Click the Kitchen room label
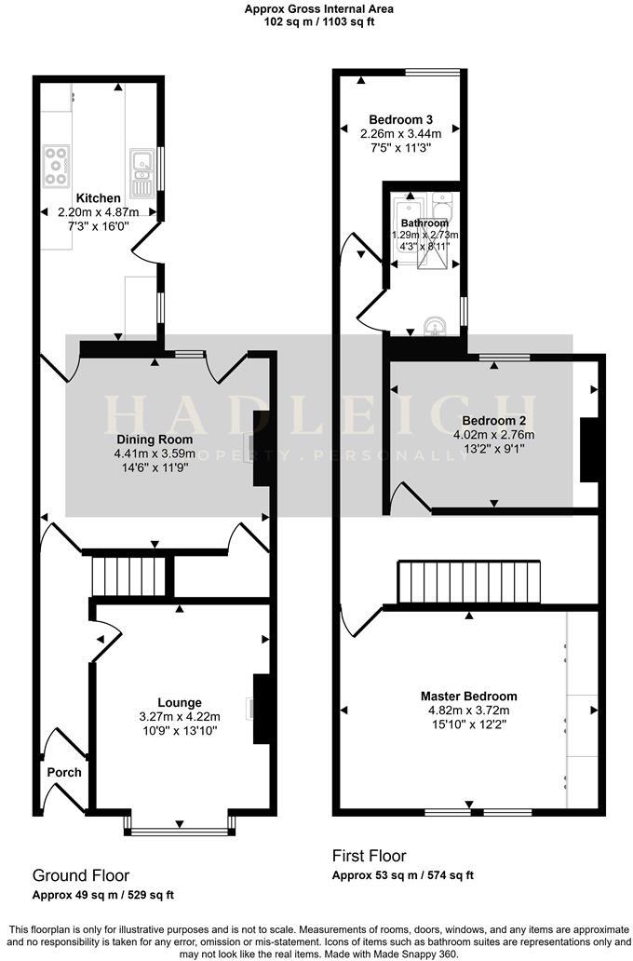[98, 198]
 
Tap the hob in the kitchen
[55, 166]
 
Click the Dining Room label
[155, 440]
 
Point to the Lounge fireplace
[261, 709]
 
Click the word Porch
[64, 772]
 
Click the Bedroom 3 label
[400, 119]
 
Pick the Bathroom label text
[424, 223]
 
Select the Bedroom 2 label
[493, 420]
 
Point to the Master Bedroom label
[468, 697]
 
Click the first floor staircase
[469, 583]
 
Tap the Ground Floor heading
[81, 875]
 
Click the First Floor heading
[369, 856]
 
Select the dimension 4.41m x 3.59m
[155, 454]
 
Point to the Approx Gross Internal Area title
[318, 8]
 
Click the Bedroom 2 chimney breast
[588, 450]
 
